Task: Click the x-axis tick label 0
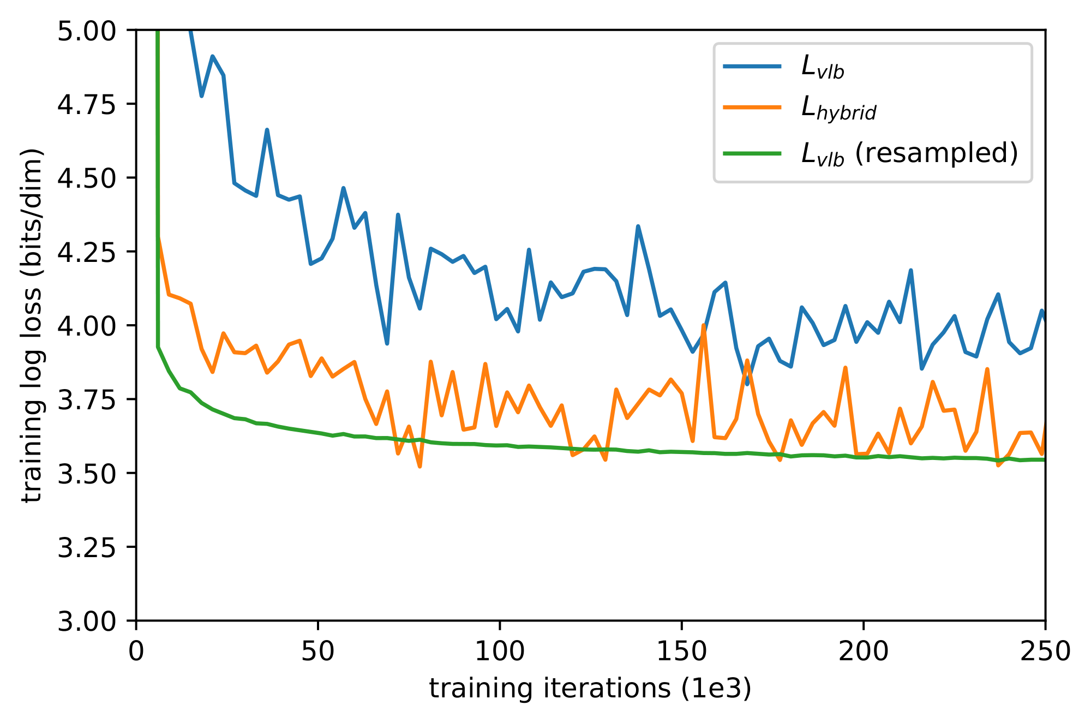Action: tap(136, 652)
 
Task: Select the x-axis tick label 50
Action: tap(318, 652)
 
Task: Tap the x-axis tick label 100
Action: tap(500, 652)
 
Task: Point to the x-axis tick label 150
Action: tap(681, 652)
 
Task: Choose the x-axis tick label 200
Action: tap(864, 652)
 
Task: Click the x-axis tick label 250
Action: tap(1045, 652)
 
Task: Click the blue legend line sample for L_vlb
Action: tap(752, 67)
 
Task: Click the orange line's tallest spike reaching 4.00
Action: tap(704, 326)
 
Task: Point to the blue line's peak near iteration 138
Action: tap(638, 226)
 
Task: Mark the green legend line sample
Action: tap(752, 153)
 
